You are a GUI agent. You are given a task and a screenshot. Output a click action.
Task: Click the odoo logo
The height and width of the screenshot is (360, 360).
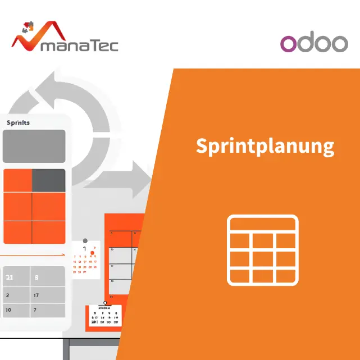point(314,43)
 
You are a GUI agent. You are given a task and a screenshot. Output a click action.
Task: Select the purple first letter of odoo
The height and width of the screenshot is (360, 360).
point(289,44)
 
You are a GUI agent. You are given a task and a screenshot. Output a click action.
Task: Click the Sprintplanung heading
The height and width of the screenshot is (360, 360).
point(265,145)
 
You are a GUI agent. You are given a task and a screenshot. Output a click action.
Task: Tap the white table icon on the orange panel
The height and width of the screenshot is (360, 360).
point(262,249)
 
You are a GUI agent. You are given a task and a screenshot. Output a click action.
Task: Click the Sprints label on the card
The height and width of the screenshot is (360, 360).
point(19,122)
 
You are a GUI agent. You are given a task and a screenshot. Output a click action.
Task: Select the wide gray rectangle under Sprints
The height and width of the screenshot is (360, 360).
point(34,146)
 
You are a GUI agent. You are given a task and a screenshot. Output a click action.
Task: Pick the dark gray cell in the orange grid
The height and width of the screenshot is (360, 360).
point(49,180)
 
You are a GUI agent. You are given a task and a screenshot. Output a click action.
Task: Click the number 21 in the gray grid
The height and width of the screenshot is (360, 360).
point(10,277)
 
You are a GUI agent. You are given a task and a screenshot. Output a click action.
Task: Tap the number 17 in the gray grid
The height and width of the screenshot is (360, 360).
point(36,295)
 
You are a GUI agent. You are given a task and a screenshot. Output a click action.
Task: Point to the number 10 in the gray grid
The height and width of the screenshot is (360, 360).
point(8,309)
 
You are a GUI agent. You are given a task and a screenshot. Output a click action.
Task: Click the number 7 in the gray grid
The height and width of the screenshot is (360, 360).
point(35,309)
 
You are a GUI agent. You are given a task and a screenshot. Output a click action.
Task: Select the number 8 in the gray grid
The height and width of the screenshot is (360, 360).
point(37,277)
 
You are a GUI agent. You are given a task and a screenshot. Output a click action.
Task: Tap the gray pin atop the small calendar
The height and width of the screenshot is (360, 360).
point(85,241)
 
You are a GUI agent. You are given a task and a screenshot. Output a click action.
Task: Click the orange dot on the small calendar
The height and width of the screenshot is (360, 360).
point(92,253)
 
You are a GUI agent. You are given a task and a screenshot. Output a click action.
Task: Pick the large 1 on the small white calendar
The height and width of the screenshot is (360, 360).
point(85,249)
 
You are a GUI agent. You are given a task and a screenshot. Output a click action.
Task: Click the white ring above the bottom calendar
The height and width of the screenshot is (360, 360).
point(104,303)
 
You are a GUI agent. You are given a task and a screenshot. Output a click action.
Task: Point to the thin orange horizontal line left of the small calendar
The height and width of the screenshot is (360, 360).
point(34,254)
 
